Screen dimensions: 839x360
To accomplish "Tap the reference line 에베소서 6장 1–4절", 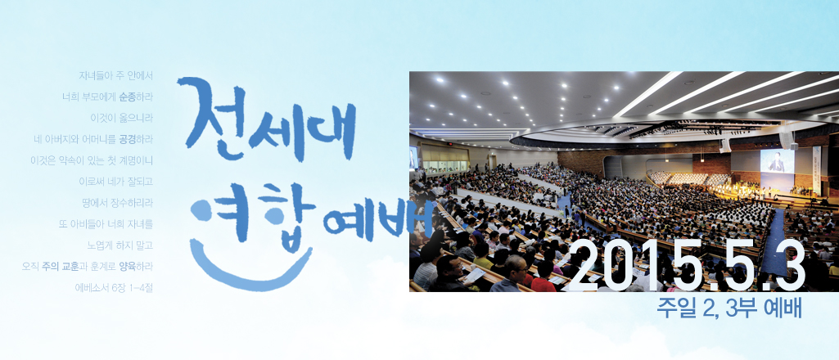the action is coord(115,287).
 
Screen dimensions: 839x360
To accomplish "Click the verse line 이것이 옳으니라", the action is coord(121,118).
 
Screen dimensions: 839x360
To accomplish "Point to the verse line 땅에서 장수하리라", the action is coord(116,203).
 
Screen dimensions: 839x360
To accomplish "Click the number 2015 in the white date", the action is coord(619,265).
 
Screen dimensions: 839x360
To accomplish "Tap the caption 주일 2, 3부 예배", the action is coord(730,310).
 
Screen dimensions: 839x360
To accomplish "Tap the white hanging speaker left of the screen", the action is coord(725,146).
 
